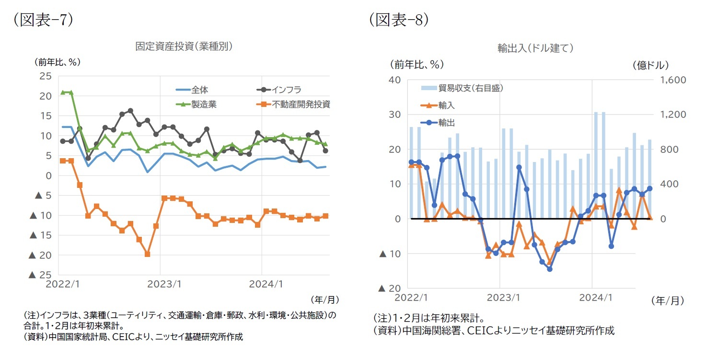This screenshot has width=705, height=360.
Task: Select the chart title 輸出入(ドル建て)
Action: (535, 48)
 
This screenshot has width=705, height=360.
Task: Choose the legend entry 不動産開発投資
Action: (301, 104)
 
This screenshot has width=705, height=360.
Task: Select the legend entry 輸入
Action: (446, 105)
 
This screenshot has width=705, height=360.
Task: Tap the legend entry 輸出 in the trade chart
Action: (446, 123)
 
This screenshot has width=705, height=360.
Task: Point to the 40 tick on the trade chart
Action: (394, 80)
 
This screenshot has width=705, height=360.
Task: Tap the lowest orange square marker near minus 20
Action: (147, 254)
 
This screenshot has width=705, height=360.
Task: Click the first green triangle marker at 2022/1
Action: (63, 93)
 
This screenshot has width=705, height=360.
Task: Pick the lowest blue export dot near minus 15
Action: (550, 269)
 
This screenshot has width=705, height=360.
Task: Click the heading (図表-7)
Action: (43, 20)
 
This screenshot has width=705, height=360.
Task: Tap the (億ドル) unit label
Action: (650, 65)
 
